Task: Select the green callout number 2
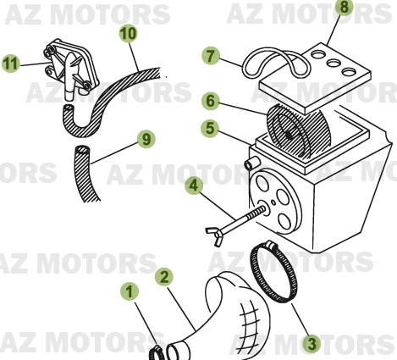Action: point(164,277)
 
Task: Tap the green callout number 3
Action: point(312,343)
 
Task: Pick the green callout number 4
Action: point(194,185)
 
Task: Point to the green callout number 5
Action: point(209,130)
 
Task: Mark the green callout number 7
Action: point(211,56)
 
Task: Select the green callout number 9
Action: point(146,137)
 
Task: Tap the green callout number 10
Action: point(128,34)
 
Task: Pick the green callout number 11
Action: point(10,63)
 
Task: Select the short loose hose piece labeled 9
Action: point(87,174)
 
